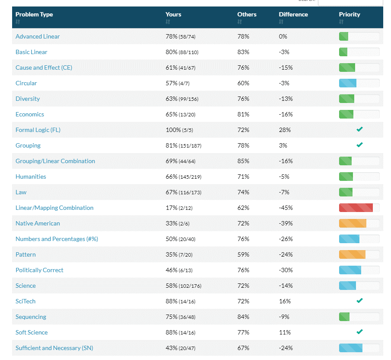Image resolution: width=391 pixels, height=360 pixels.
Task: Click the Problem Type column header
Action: point(34,14)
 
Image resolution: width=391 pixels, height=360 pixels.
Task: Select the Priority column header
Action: point(349,14)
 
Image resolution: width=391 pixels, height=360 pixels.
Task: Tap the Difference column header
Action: point(293,14)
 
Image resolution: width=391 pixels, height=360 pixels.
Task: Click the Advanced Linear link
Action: point(38,36)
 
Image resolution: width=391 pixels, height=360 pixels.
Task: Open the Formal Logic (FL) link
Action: point(38,130)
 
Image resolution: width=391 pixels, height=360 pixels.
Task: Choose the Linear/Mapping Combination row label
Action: point(54,208)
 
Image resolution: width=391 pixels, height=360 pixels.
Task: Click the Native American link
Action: point(38,223)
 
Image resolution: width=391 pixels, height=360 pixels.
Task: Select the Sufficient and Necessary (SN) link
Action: point(54,348)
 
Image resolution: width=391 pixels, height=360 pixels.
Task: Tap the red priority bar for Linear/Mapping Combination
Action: point(356,208)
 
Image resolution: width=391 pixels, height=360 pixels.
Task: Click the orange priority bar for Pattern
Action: point(353,254)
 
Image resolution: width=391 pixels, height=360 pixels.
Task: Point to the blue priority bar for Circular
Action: point(348,83)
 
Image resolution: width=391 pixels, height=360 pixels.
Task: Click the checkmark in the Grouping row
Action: point(359,145)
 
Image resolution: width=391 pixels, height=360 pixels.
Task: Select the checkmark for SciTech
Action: point(359,301)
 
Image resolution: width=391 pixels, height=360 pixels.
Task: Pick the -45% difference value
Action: point(285,208)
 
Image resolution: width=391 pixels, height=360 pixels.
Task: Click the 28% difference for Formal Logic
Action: point(285,130)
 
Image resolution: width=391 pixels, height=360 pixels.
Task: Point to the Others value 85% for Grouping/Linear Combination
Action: point(243,161)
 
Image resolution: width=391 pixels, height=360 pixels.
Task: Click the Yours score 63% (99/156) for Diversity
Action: point(182,99)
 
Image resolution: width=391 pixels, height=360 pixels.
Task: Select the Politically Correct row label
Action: point(39,270)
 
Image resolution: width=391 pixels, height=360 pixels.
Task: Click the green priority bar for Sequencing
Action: point(344,317)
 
